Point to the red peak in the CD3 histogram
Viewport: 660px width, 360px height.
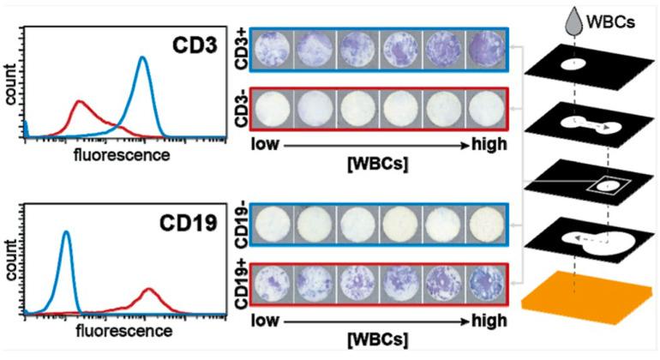[x=80, y=105]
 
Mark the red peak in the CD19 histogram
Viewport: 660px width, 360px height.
[x=147, y=291]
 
